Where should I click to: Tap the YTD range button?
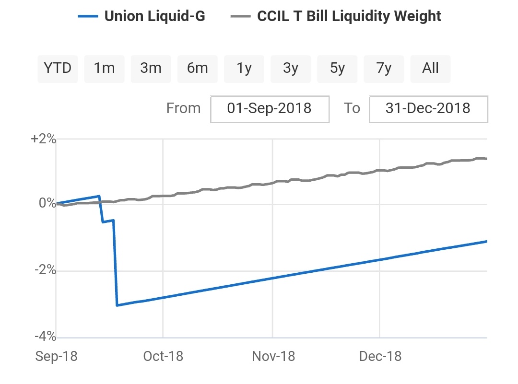58,69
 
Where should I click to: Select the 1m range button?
104,69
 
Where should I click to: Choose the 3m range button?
151,69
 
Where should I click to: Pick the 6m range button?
197,69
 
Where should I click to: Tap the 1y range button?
244,69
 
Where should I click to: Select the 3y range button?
291,69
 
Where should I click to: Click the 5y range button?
337,69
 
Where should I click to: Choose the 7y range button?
384,69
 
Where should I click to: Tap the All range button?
430,69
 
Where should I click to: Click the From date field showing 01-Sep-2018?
270,108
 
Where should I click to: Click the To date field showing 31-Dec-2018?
428,108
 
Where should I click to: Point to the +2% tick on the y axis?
43,140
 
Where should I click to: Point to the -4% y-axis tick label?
45,337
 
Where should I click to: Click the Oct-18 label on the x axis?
163,357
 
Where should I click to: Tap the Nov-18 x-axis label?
273,357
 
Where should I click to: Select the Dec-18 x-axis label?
380,357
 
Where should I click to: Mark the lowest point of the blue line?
117,305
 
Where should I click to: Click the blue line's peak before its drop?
99,196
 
